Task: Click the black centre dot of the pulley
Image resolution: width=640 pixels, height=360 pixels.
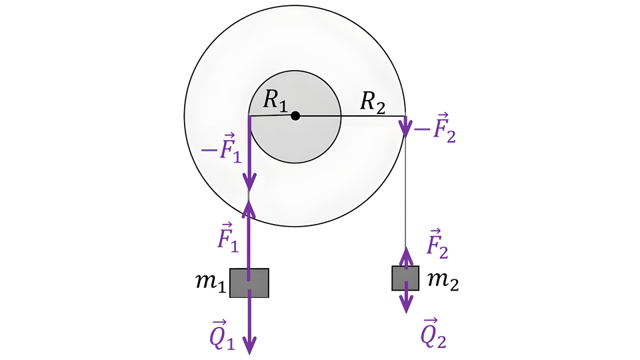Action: click(x=296, y=115)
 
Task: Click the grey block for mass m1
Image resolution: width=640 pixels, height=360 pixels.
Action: click(x=249, y=283)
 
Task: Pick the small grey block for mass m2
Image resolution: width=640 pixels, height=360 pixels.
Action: click(x=405, y=278)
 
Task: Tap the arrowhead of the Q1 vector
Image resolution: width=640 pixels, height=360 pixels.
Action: click(x=249, y=346)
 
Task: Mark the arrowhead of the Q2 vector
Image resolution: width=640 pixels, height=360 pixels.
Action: click(x=405, y=306)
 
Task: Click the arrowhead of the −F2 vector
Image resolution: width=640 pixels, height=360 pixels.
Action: click(x=405, y=129)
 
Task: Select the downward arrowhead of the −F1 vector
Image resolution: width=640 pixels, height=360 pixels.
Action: click(x=249, y=181)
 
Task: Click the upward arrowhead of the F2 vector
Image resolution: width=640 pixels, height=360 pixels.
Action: click(x=405, y=253)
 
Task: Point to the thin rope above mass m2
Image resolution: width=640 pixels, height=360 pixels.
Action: click(x=405, y=193)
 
